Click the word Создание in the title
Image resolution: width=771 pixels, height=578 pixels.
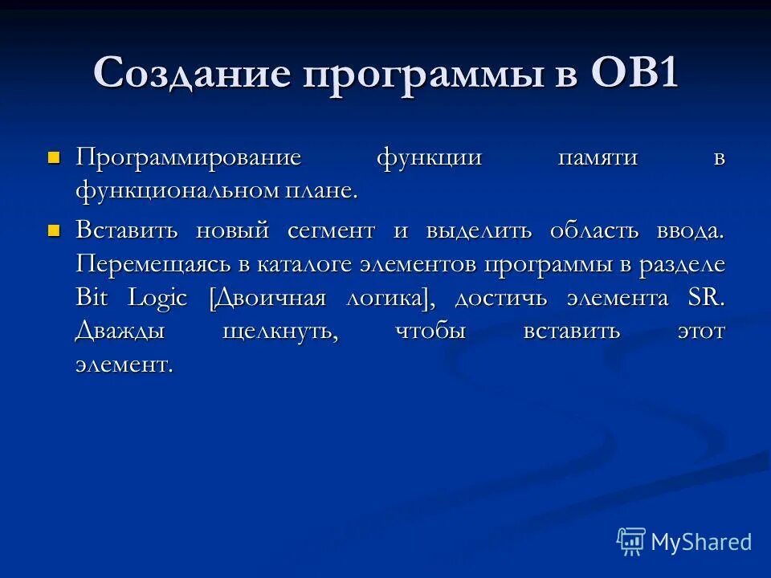192,74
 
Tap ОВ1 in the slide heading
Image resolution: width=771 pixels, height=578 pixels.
635,74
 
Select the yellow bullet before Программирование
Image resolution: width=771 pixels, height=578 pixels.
55,157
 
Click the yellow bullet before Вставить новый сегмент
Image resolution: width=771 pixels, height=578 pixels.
55,230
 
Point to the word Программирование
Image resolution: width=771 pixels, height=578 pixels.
188,157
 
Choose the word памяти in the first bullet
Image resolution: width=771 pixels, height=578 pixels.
598,157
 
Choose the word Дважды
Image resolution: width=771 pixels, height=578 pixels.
120,332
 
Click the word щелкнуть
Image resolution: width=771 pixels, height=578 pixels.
279,332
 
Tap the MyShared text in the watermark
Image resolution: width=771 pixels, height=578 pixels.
701,542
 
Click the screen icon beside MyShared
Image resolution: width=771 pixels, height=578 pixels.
631,541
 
